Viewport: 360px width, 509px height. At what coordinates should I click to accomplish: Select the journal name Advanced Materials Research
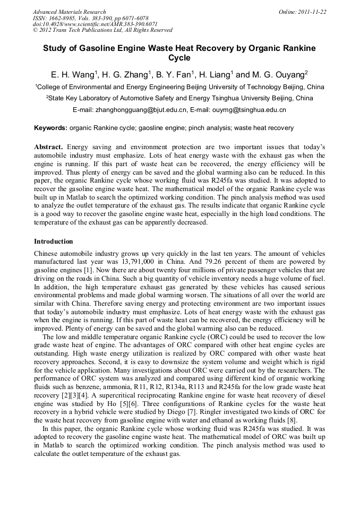coord(69,12)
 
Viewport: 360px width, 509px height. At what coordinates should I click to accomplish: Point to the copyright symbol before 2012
coord(35,30)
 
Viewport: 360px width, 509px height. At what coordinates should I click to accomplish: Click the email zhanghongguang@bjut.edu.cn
coord(141,110)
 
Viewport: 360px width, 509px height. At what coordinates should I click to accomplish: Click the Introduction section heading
coord(54,241)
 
